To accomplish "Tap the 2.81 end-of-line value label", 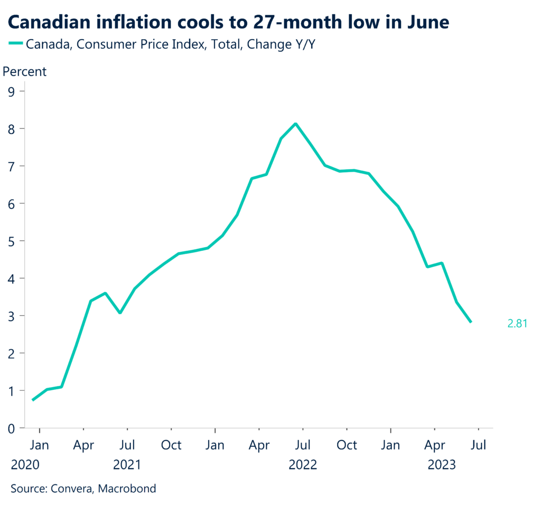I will [x=517, y=323].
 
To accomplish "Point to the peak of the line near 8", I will [x=295, y=124].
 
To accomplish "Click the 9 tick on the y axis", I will [x=11, y=91].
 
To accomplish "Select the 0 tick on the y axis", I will [x=11, y=428].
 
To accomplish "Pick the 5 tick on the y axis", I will [x=11, y=241].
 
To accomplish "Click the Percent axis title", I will [x=25, y=71].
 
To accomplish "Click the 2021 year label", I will [x=127, y=465].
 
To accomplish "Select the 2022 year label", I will [x=303, y=465].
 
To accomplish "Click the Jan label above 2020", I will [x=39, y=445].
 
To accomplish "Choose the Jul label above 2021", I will [x=127, y=445].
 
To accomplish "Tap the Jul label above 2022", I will [x=303, y=445].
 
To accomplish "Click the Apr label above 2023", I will [x=434, y=445].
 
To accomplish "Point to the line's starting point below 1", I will [x=33, y=400].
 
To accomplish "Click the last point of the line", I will [x=470, y=322].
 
